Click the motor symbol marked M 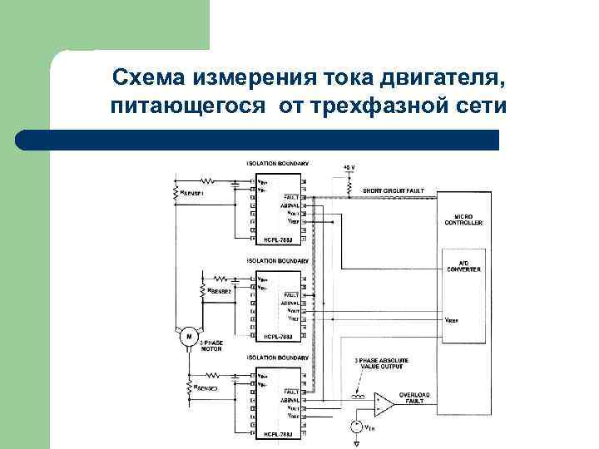point(189,335)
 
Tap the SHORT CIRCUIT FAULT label point(393,190)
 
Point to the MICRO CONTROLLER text point(463,220)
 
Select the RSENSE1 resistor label point(191,193)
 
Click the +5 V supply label point(349,167)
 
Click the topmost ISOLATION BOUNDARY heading point(277,164)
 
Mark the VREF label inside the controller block point(452,318)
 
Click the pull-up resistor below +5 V point(349,181)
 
